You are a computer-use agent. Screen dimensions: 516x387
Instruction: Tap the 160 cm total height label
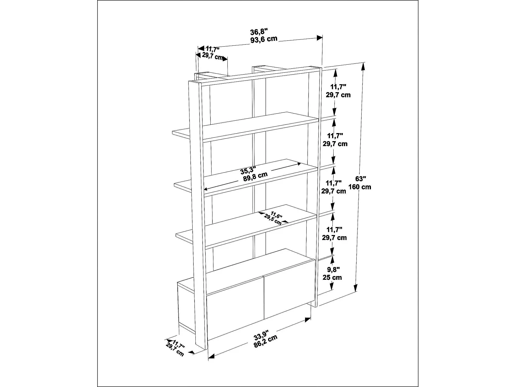tap(360, 187)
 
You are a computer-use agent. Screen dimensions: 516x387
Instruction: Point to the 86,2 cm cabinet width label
tap(266, 341)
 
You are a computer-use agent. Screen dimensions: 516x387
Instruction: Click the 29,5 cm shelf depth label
tap(273, 219)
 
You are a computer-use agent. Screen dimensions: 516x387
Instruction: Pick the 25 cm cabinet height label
tap(332, 278)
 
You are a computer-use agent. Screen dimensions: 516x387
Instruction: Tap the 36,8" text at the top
tap(259, 32)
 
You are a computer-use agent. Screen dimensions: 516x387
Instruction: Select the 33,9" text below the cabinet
tap(261, 334)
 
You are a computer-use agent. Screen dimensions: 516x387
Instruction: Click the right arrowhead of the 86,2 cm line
tap(308, 320)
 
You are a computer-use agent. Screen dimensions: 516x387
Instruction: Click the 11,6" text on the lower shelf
tap(276, 215)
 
